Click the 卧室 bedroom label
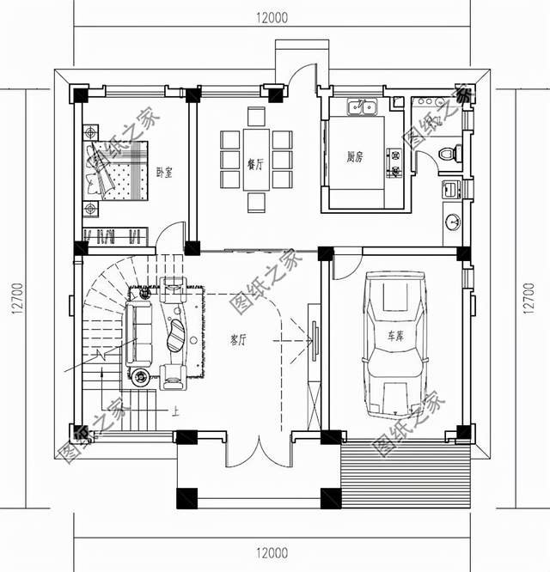(164, 172)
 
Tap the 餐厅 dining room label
(255, 165)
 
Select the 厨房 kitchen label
(355, 157)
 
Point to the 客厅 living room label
(238, 340)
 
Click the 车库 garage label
(395, 336)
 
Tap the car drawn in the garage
(395, 344)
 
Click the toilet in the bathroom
(450, 153)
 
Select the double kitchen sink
(362, 106)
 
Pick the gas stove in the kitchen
(395, 162)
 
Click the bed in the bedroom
(115, 170)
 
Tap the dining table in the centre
(256, 160)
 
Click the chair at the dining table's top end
(256, 116)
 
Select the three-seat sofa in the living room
(138, 334)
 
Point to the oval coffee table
(177, 335)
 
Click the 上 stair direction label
(175, 412)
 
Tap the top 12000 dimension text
(272, 17)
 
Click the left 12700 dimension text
(18, 298)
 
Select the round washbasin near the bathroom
(453, 222)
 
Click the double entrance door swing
(259, 451)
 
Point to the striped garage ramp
(406, 475)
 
